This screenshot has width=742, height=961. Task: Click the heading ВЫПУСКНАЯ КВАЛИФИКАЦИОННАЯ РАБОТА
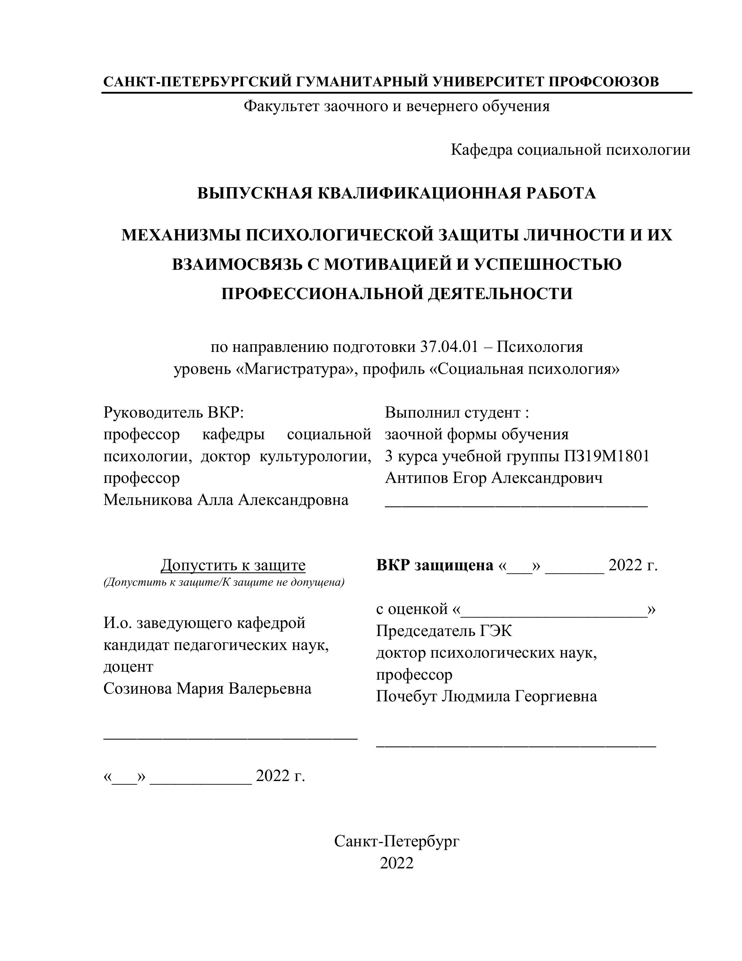pyautogui.click(x=397, y=193)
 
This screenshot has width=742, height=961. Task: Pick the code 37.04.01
pyautogui.click(x=448, y=347)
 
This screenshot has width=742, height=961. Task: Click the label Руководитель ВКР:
pyautogui.click(x=173, y=412)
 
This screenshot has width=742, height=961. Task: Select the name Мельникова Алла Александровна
pyautogui.click(x=226, y=500)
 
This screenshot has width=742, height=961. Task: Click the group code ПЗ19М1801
pyautogui.click(x=607, y=456)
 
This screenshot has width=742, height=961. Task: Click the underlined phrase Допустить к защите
pyautogui.click(x=233, y=565)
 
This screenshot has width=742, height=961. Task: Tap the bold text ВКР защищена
pyautogui.click(x=435, y=565)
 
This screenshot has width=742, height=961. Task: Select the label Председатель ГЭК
pyautogui.click(x=444, y=631)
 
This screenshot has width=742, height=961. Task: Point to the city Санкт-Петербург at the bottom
pyautogui.click(x=397, y=841)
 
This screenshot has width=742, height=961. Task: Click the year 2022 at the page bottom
pyautogui.click(x=397, y=863)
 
